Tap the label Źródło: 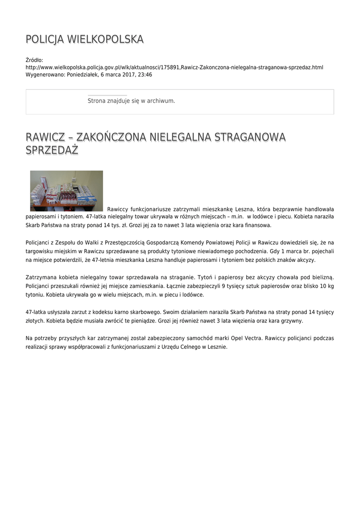34,60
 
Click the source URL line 174,67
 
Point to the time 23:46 145,74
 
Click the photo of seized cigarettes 67,191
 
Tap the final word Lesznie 216,347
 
